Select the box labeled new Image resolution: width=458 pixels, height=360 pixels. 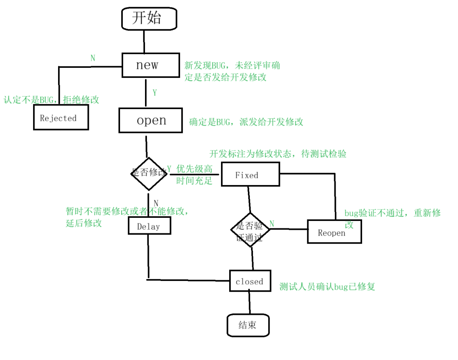pos(147,65)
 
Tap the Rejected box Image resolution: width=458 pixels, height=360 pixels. pos(60,118)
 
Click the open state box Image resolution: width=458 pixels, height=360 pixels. pos(150,121)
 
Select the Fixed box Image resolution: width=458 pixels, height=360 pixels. pos(250,174)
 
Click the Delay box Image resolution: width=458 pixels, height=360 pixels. pos(149,226)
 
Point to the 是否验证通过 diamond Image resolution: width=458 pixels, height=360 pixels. pos(250,229)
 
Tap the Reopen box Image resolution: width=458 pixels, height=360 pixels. pos(334,232)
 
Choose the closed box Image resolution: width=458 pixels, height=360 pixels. pos(250,281)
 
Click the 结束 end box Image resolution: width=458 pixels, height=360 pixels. pos(248,325)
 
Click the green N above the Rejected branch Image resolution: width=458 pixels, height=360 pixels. pos(93,58)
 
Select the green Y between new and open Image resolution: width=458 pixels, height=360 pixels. pos(155,93)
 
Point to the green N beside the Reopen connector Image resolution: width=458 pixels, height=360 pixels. pos(272,224)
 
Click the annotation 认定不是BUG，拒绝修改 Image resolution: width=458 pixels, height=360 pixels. pos(51,100)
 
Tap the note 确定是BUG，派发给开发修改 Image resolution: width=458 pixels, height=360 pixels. pos(246,122)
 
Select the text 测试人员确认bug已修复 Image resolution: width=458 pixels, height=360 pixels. pos(327,287)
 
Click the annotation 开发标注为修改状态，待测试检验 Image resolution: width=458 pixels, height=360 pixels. pos(278,154)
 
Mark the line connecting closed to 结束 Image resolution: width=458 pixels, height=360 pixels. pos(249,303)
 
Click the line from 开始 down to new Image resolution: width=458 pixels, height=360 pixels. pos(144,41)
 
